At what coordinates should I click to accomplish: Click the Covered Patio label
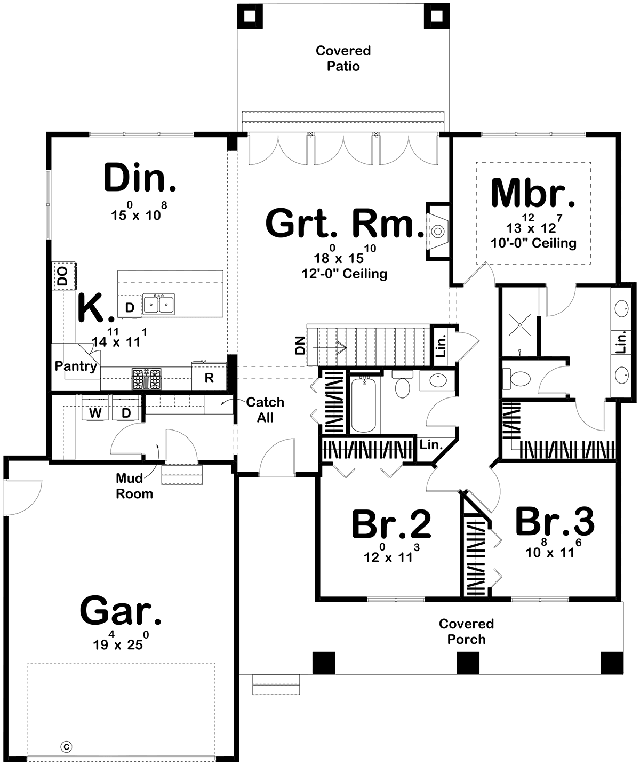click(x=343, y=58)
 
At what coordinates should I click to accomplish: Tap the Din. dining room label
click(x=140, y=178)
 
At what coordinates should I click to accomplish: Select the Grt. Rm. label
click(x=345, y=222)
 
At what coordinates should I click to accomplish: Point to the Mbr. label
click(x=533, y=193)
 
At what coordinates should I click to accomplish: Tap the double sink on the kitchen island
click(x=158, y=304)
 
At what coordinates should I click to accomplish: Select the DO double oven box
click(x=63, y=276)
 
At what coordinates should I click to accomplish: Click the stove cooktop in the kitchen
click(x=147, y=379)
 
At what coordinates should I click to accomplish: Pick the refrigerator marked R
click(x=209, y=377)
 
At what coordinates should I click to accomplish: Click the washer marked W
click(x=95, y=408)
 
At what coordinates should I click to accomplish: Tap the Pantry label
click(x=76, y=366)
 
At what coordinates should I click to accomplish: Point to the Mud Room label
click(x=134, y=486)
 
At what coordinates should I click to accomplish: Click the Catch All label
click(x=265, y=410)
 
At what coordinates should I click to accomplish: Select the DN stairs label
click(x=300, y=346)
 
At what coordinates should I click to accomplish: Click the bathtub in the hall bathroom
click(x=363, y=405)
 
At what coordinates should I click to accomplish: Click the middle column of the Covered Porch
click(x=468, y=663)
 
